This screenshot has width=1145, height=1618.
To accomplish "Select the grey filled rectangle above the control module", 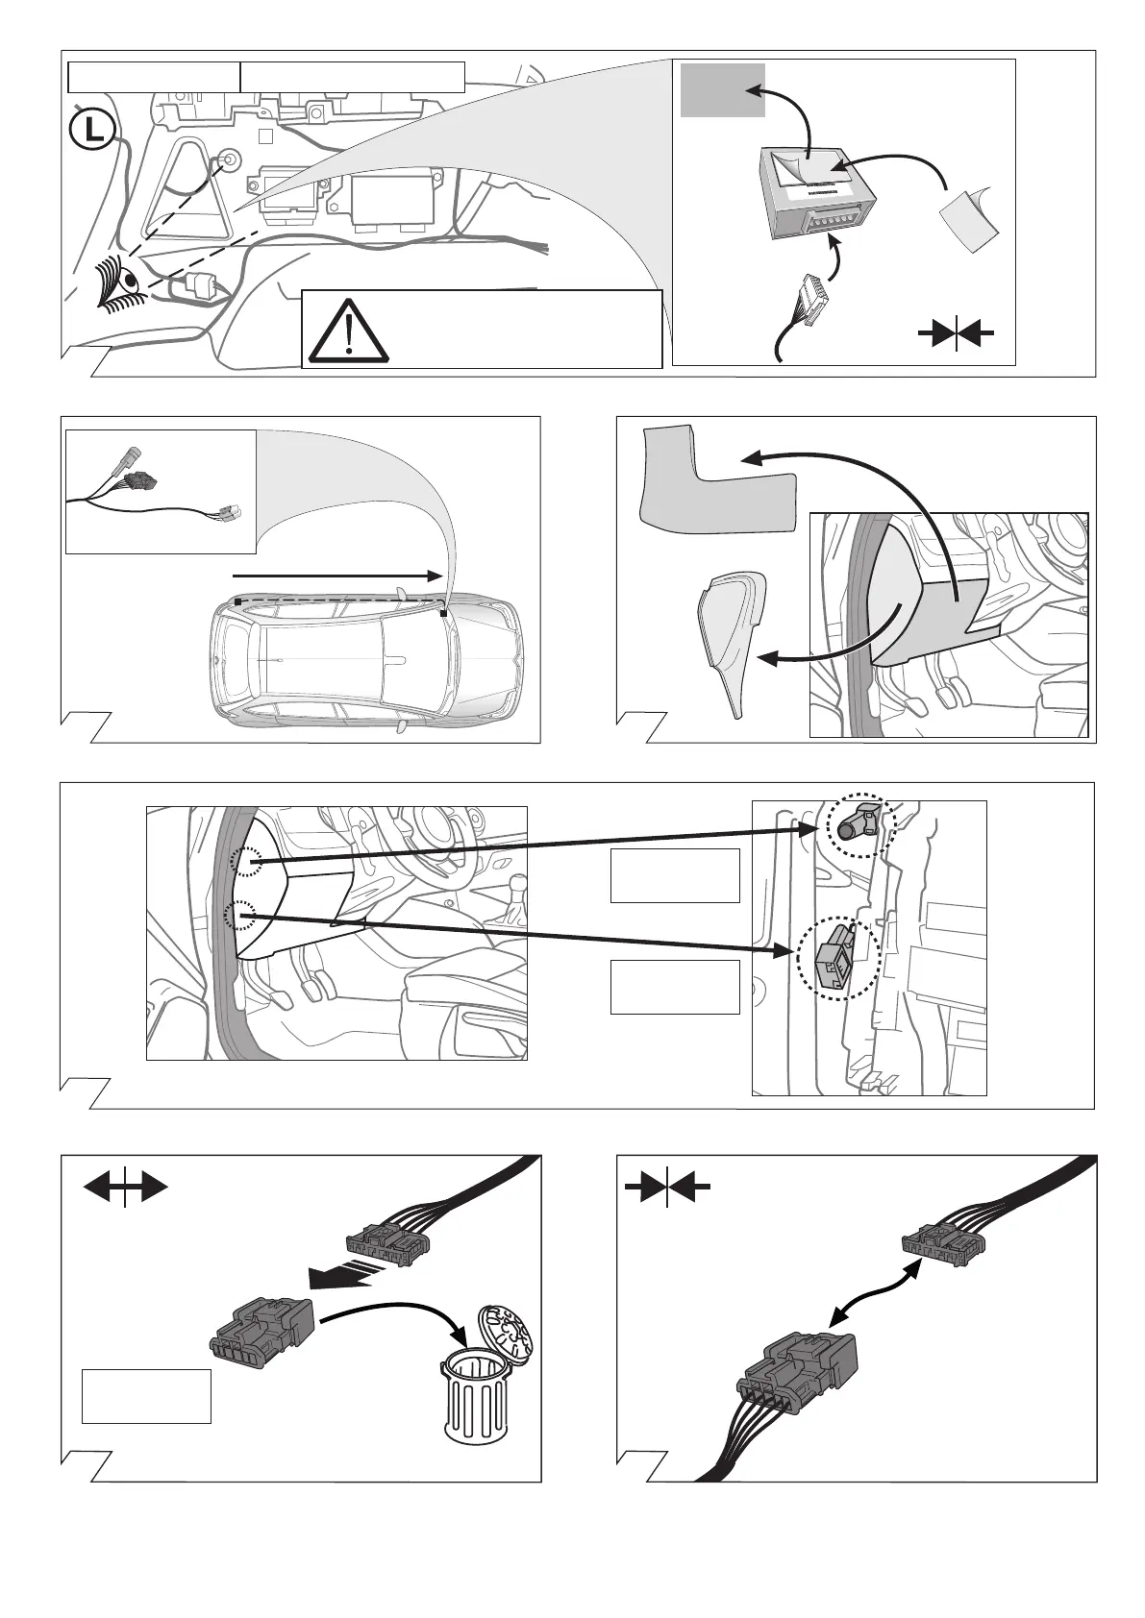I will pyautogui.click(x=722, y=89).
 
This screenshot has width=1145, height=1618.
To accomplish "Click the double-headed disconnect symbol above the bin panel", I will pyautogui.click(x=125, y=1189).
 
